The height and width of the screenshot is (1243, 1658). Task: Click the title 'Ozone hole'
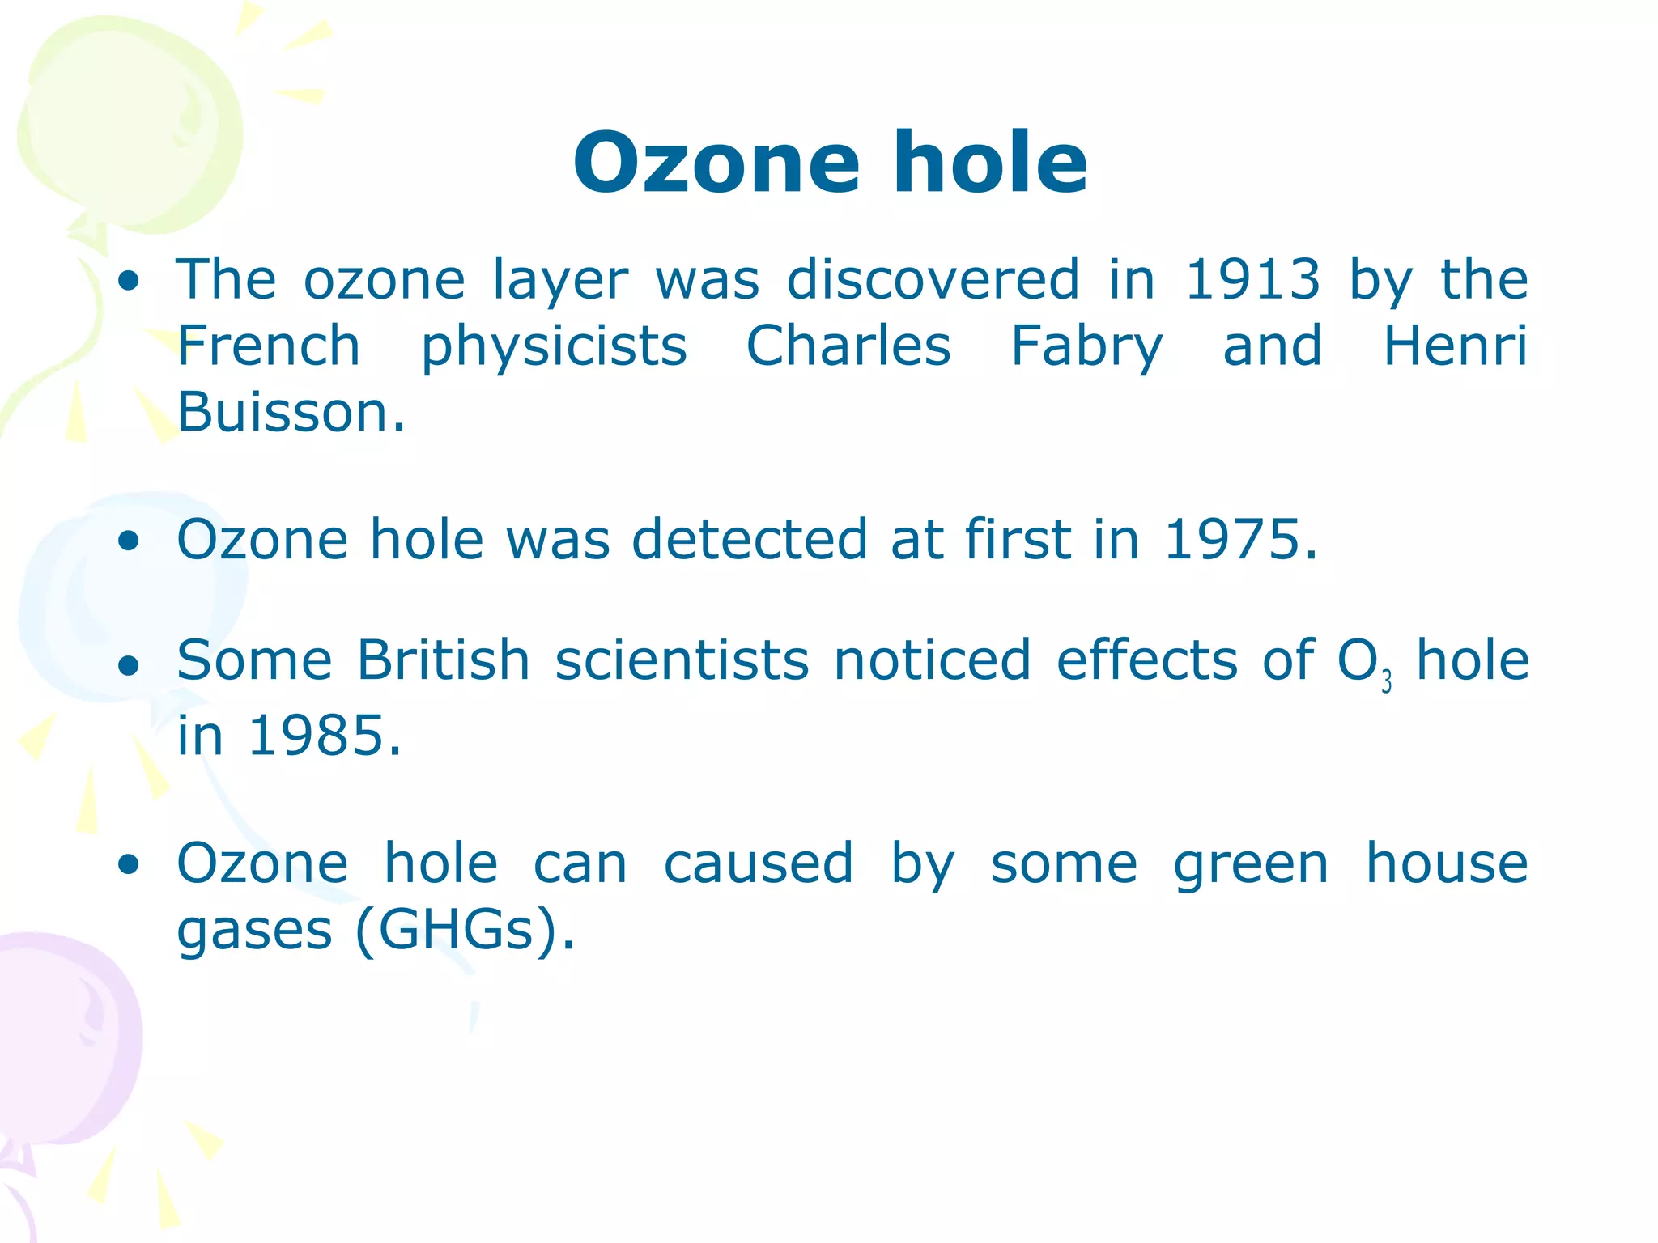(830, 163)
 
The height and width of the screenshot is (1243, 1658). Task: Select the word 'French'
(268, 346)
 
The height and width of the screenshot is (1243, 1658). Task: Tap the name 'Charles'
(848, 346)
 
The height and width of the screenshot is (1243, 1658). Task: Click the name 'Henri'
(1455, 346)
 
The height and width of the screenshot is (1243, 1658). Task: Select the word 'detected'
(749, 540)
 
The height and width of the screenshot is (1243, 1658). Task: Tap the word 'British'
(444, 660)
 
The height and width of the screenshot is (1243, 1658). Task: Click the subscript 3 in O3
(1387, 682)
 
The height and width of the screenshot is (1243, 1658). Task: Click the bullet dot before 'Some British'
(128, 666)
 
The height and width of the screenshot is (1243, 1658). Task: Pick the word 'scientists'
(682, 660)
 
